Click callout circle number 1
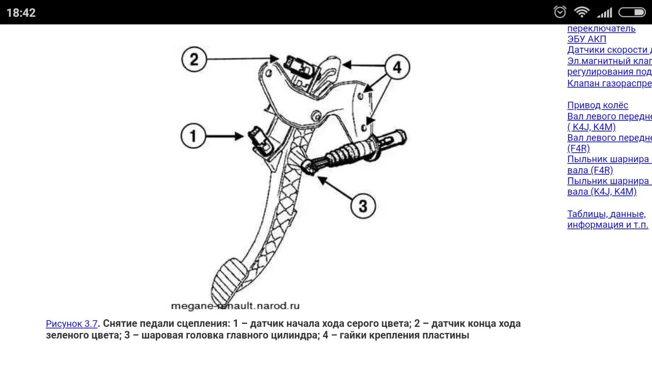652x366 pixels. (193, 136)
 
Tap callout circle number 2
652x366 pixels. (194, 59)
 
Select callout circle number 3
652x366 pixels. (363, 205)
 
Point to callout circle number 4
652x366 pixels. (397, 67)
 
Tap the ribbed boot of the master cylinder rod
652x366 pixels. (348, 152)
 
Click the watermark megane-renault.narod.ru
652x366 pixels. (235, 306)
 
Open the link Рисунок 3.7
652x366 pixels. (71, 324)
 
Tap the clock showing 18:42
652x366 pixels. (21, 13)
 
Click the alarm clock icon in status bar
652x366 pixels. (560, 12)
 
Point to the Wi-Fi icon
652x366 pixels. (581, 12)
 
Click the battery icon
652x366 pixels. (632, 12)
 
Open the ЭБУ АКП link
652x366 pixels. (587, 39)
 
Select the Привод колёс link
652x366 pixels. (597, 105)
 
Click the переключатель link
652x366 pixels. (601, 28)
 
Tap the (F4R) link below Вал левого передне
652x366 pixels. (579, 148)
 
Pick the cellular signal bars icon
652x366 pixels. (604, 12)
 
